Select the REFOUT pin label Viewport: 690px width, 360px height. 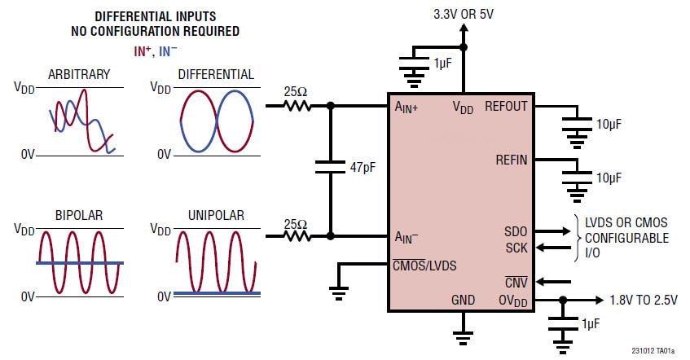click(x=506, y=106)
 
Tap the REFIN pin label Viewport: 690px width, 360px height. click(x=511, y=160)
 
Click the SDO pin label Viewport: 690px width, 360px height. click(x=516, y=232)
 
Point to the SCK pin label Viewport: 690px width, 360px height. click(x=516, y=247)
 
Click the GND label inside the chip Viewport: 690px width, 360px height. click(x=463, y=300)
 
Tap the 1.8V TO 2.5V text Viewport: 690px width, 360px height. click(x=644, y=299)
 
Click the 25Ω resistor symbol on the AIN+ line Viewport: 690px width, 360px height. click(x=298, y=106)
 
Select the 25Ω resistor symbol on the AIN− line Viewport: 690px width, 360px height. click(x=298, y=236)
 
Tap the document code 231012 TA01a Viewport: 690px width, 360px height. click(x=653, y=351)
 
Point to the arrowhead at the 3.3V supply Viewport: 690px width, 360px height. click(x=464, y=29)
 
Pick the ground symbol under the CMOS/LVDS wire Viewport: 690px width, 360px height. click(x=338, y=291)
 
